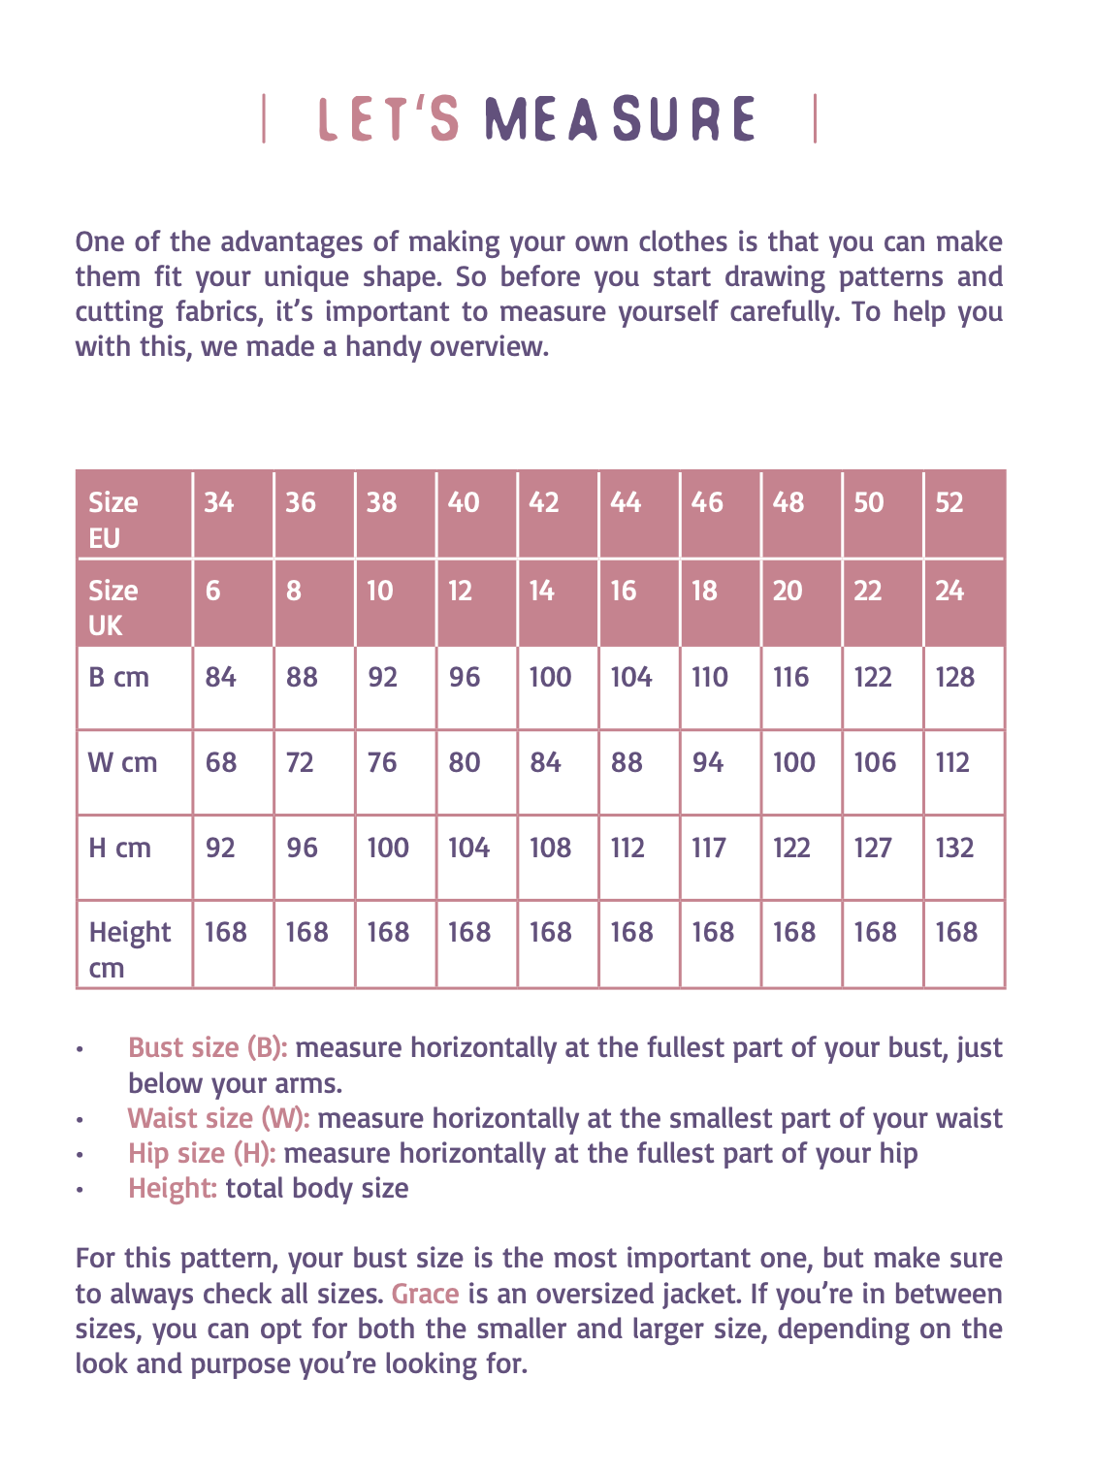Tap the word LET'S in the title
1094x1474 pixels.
click(x=389, y=119)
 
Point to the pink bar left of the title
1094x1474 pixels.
click(x=264, y=119)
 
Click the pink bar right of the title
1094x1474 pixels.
click(x=815, y=118)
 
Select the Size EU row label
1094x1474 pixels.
click(x=113, y=520)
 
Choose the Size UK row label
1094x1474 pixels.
click(x=113, y=608)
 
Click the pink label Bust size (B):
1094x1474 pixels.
click(x=208, y=1047)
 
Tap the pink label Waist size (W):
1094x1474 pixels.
click(x=218, y=1118)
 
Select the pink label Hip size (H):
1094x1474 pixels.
click(x=202, y=1153)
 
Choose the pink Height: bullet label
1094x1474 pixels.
click(x=173, y=1188)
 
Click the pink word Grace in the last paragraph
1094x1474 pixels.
click(x=425, y=1294)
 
